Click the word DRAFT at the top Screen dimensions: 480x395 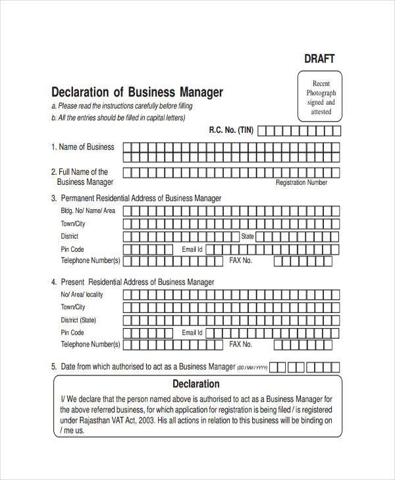[319, 59]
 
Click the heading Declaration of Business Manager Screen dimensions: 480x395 [137, 92]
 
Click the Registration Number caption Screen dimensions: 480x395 [301, 183]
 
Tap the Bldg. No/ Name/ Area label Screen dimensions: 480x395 [88, 211]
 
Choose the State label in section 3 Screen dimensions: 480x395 [248, 236]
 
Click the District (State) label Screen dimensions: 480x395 [78, 320]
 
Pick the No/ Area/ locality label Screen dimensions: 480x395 [82, 295]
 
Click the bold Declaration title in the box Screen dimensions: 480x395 [196, 384]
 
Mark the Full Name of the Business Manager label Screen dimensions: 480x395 [84, 177]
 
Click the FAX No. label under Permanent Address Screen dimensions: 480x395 [241, 261]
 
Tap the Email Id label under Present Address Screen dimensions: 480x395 [192, 333]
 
